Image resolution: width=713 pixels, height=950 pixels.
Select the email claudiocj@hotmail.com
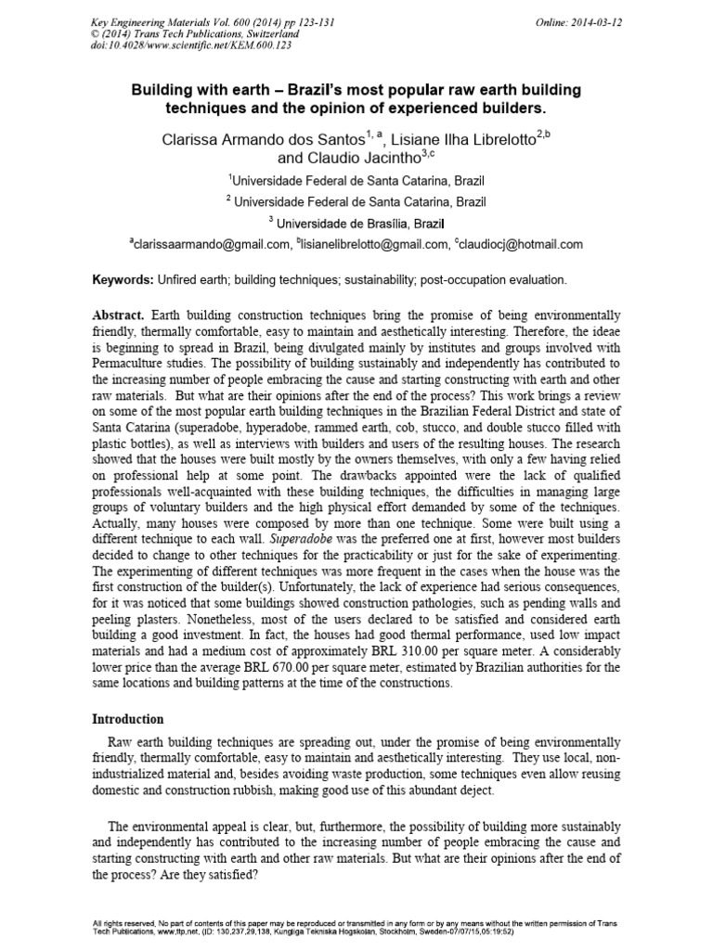tap(521, 245)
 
